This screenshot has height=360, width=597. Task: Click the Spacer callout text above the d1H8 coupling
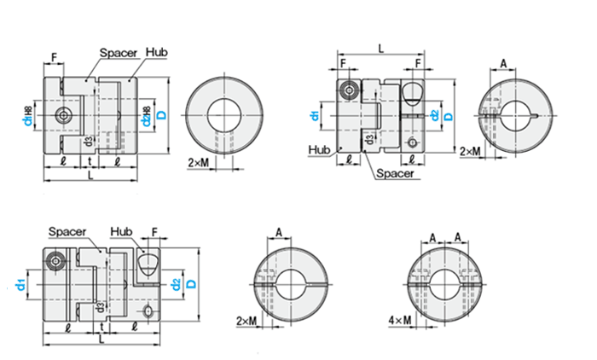(119, 52)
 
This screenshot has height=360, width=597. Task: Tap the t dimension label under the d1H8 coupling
(90, 160)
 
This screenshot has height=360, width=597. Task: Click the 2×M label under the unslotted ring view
(198, 160)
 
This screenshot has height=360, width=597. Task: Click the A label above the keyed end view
(503, 63)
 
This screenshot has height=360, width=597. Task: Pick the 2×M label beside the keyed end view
(470, 151)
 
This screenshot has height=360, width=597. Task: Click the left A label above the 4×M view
(432, 238)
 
